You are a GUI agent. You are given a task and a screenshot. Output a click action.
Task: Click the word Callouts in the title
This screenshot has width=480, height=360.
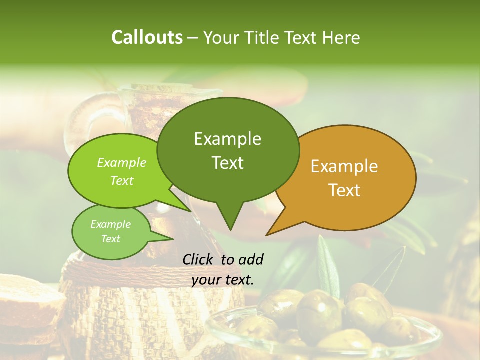[x=147, y=38]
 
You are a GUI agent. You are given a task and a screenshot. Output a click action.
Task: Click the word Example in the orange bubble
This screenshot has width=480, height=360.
[x=344, y=166]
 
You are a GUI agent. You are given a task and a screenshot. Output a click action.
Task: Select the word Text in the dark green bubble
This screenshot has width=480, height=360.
[x=228, y=163]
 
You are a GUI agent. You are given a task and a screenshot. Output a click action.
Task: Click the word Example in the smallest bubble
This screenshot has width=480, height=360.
[x=110, y=224]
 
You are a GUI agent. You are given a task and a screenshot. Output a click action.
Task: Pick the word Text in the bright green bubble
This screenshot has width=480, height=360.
[x=122, y=180]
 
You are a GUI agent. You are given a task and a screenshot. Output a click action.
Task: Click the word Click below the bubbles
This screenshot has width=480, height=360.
[x=198, y=259]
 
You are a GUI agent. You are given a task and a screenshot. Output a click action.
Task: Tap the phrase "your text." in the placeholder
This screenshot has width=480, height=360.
[x=223, y=280]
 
